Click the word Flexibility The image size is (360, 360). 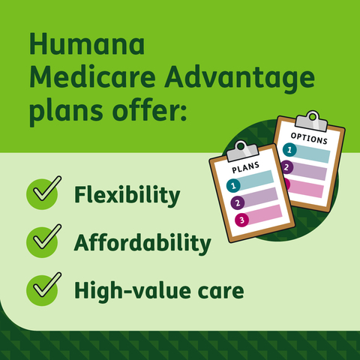127,196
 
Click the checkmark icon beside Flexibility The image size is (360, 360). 43,194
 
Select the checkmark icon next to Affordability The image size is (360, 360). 43,241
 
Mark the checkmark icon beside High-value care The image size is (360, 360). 43,286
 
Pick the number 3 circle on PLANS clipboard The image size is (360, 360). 241,220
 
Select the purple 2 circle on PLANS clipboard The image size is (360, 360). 238,202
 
